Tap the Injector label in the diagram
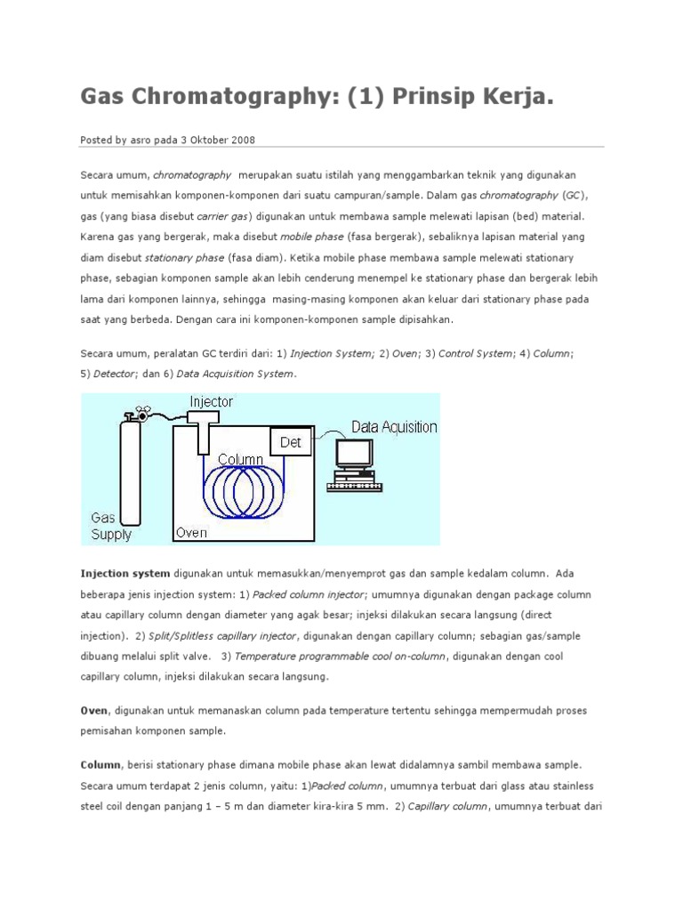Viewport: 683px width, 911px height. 211,402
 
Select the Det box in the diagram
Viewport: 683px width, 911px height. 291,441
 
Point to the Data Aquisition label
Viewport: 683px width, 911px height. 394,427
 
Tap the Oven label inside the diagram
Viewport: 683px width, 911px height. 191,533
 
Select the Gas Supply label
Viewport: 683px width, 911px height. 111,526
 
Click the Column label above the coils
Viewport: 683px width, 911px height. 240,459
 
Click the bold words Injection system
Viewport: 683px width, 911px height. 125,574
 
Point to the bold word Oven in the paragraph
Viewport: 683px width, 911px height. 94,711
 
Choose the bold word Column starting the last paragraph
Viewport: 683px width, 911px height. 100,765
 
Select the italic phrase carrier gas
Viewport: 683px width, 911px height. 223,216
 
